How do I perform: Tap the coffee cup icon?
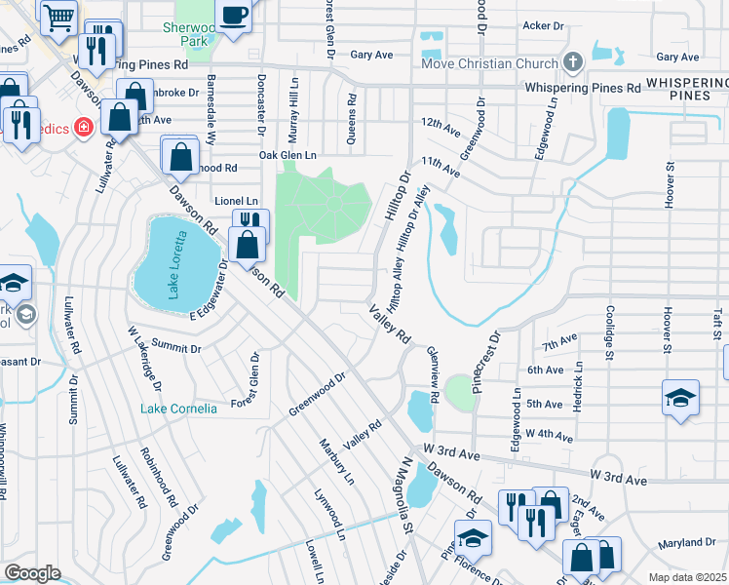tap(234, 15)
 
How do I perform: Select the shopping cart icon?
tap(58, 15)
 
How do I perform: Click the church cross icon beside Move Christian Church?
tap(573, 63)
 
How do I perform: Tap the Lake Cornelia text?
tap(179, 409)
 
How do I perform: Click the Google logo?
tap(31, 573)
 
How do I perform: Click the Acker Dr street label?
tap(544, 25)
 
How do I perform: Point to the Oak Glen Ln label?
tap(288, 155)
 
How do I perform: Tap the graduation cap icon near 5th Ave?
tap(680, 397)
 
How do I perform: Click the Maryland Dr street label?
tap(686, 542)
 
